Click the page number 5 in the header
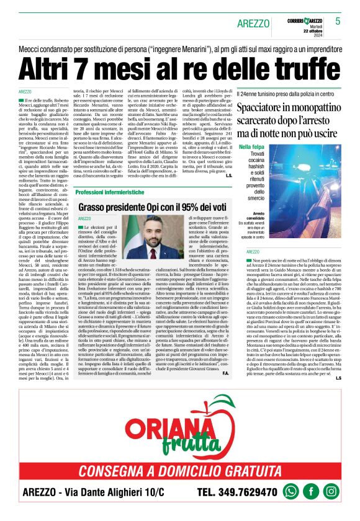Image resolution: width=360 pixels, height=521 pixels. pyautogui.click(x=338, y=20)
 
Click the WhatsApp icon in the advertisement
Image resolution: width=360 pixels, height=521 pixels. pyautogui.click(x=290, y=491)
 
